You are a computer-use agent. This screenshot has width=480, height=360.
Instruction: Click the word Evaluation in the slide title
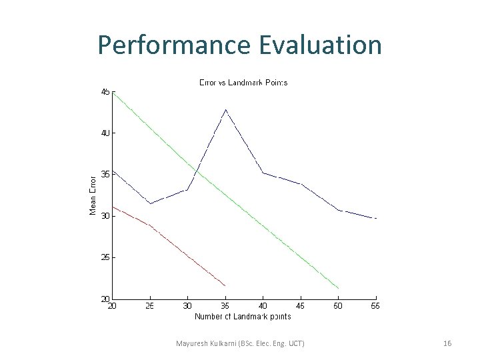coord(317,45)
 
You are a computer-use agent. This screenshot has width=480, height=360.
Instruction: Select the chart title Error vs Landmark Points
coord(243,83)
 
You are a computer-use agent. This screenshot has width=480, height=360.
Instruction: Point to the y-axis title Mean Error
coord(93,194)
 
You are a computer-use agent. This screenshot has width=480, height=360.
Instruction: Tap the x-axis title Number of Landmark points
coord(243,316)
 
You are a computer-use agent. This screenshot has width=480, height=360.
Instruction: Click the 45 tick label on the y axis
coord(105,92)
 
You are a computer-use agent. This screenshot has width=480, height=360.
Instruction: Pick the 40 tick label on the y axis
coord(105,133)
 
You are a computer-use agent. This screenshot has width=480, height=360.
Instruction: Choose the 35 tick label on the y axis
coord(105,175)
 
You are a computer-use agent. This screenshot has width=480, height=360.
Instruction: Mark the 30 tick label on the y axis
coord(105,216)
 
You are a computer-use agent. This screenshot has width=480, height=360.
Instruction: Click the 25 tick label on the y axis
coord(105,257)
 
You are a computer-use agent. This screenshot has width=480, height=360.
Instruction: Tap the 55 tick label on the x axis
coord(376,306)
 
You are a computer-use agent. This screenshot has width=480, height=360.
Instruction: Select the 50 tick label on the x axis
coord(339,306)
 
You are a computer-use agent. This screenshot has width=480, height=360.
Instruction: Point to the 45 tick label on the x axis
coord(301,306)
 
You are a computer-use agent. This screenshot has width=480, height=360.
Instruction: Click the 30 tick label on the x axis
coord(188,306)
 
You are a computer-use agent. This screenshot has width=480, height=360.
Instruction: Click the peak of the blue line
coord(226,109)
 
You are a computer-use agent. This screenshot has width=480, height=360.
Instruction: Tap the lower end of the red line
coord(225,285)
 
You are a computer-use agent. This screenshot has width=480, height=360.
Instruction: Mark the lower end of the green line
coord(339,288)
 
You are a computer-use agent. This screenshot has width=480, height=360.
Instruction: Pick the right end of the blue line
coord(376,218)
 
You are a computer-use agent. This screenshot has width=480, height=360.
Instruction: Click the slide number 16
coord(447,343)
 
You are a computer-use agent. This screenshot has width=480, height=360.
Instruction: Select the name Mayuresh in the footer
coord(192,343)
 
